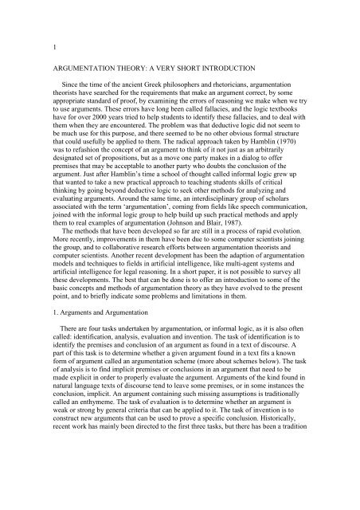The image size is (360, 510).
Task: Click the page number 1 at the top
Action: [x=45, y=47]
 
